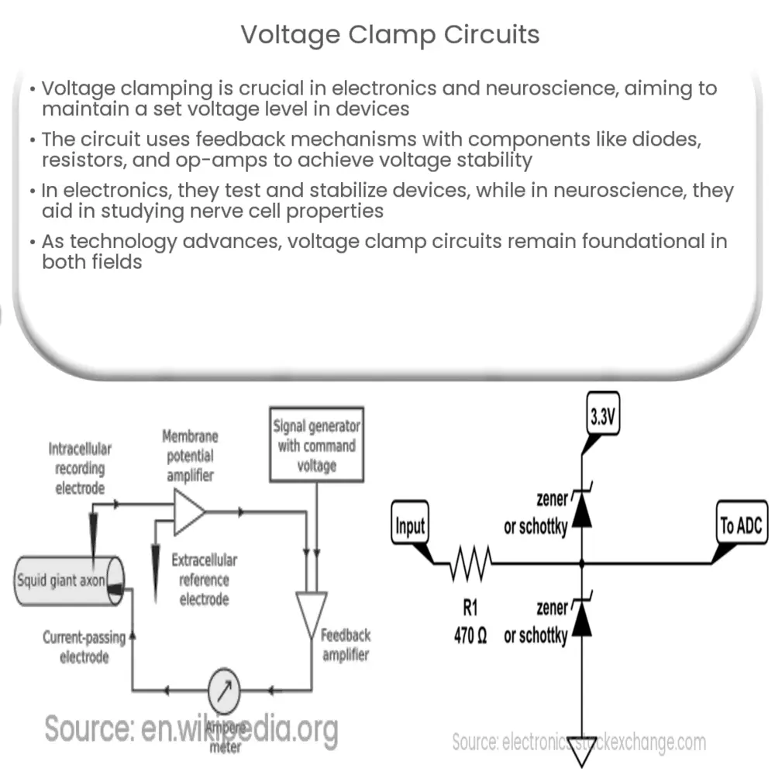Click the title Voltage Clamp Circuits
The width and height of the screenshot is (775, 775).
coord(390,35)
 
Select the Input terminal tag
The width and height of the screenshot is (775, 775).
coord(410,526)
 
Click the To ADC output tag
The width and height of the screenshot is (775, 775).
coord(739,526)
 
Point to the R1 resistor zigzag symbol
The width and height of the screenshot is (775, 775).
coord(469,563)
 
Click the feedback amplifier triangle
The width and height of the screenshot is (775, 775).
coord(312,615)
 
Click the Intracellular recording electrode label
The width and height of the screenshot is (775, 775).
coord(80,468)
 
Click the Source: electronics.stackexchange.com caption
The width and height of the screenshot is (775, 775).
coord(579,742)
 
